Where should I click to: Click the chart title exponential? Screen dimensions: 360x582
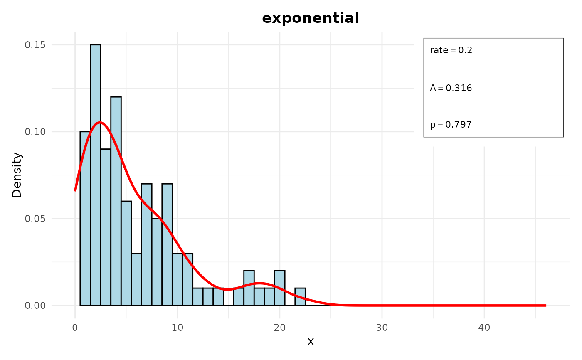pyautogui.click(x=311, y=18)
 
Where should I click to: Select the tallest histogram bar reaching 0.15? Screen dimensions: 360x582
pyautogui.click(x=95, y=175)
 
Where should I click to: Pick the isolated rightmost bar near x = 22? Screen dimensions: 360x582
pyautogui.click(x=300, y=297)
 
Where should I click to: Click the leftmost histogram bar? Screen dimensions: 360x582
pyautogui.click(x=85, y=218)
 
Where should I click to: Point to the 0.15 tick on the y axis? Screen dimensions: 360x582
pyautogui.click(x=36, y=45)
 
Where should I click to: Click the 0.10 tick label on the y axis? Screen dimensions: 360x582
pyautogui.click(x=36, y=132)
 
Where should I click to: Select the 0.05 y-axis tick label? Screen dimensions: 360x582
pyautogui.click(x=36, y=219)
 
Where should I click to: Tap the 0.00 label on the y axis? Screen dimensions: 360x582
pyautogui.click(x=36, y=306)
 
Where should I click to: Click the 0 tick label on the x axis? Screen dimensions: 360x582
pyautogui.click(x=75, y=327)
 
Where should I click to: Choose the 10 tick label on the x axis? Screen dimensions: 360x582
pyautogui.click(x=178, y=327)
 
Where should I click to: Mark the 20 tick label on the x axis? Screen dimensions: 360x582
pyautogui.click(x=280, y=327)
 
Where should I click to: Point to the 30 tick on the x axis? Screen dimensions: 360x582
pyautogui.click(x=382, y=327)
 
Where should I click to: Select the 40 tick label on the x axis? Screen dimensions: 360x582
pyautogui.click(x=484, y=327)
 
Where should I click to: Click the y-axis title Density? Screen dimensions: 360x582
pyautogui.click(x=17, y=175)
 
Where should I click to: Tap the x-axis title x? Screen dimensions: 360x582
pyautogui.click(x=311, y=342)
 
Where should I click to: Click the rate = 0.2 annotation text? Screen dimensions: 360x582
pyautogui.click(x=451, y=51)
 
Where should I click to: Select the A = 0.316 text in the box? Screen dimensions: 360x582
pyautogui.click(x=451, y=88)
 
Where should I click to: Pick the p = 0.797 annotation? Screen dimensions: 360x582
pyautogui.click(x=451, y=125)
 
